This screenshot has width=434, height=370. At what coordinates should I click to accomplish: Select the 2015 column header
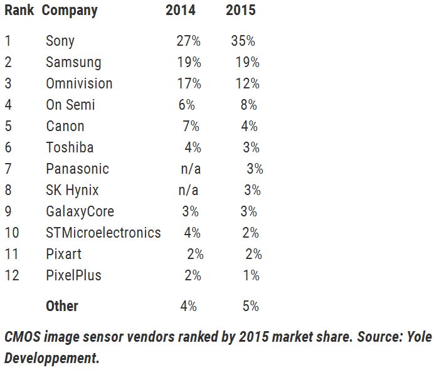coord(240,11)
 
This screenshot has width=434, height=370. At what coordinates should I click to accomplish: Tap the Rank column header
coord(19,11)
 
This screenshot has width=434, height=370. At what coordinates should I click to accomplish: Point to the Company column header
coord(70,11)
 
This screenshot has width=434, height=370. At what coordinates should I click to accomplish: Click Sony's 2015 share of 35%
coord(243,41)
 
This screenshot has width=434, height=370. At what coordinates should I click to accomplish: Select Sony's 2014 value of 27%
coord(188,41)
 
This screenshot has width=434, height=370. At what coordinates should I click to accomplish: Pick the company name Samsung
coord(73,63)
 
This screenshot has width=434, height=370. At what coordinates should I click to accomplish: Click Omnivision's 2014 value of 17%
coord(188,84)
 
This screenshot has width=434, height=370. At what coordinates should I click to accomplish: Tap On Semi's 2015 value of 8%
coord(249,105)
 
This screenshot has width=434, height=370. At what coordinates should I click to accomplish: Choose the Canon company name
coord(65,127)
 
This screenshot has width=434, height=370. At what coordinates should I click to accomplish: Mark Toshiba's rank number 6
coord(8,148)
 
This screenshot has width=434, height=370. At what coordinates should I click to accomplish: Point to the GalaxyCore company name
coord(80,212)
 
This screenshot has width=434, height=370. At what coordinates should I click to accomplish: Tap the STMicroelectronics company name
coord(103,233)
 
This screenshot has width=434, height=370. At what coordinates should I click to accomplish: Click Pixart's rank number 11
coord(11,255)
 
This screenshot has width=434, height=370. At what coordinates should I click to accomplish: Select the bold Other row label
coord(62,307)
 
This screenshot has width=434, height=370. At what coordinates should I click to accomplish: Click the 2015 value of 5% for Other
coord(250,307)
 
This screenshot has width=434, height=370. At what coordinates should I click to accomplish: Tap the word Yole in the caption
coord(415,337)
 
